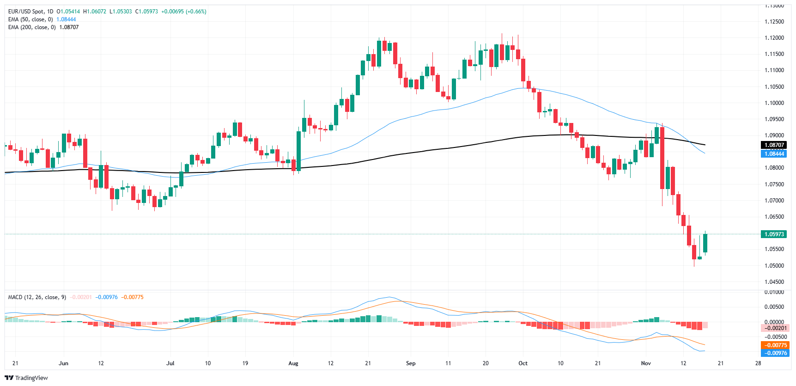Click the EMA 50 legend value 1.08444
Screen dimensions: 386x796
point(66,19)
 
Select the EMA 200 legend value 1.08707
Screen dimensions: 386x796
point(69,27)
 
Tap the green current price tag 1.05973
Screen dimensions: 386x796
point(774,234)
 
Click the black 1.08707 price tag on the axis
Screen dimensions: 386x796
point(774,145)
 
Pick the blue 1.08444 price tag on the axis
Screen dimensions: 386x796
point(774,154)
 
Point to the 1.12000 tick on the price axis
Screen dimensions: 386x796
point(774,38)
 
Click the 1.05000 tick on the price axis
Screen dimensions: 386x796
point(774,266)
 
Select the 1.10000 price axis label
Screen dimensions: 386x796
point(774,103)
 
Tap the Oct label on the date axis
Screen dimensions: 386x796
point(523,363)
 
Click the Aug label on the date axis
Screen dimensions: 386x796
point(293,363)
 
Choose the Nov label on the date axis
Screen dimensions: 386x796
point(646,363)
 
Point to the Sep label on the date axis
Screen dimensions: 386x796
point(411,363)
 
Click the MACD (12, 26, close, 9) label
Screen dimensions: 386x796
point(37,297)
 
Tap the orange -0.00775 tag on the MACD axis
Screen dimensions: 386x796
point(775,345)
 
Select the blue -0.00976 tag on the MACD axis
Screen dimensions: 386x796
point(775,353)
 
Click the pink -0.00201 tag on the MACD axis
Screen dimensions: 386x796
point(775,328)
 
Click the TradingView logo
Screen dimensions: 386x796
point(26,378)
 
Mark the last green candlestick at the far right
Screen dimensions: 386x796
point(705,243)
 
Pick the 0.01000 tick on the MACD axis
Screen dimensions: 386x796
point(774,293)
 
